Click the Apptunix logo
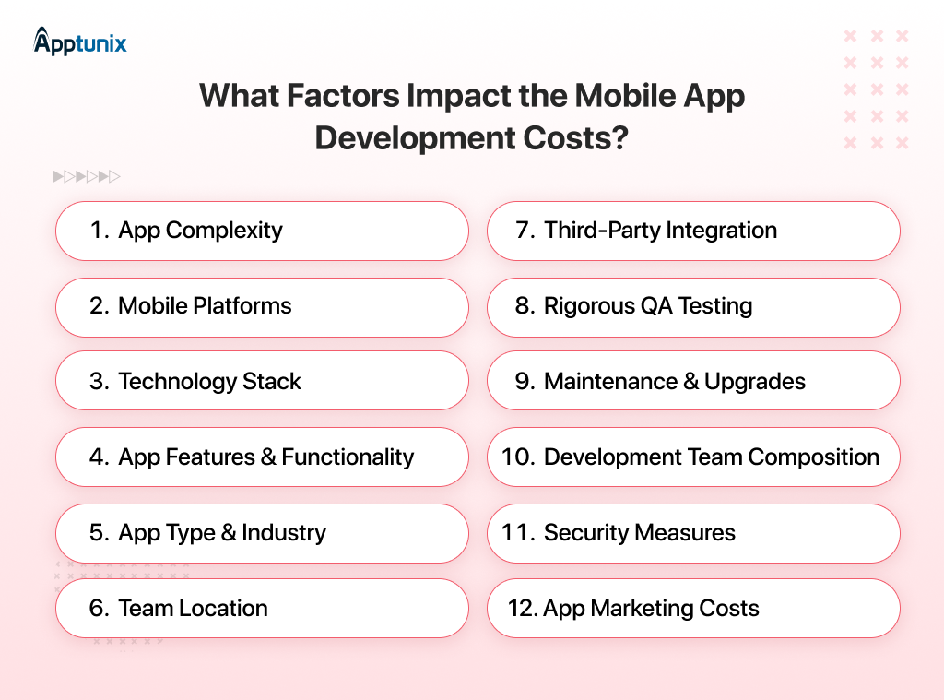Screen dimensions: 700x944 tap(80, 42)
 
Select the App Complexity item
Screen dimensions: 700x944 tap(262, 231)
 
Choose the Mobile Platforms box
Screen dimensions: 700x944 tap(262, 306)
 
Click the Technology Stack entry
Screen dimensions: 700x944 tap(262, 382)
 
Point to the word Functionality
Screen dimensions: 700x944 tap(348, 457)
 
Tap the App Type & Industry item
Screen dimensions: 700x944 tap(262, 533)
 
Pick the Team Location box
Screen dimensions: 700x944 tap(262, 609)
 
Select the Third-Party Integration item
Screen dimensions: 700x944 tap(693, 231)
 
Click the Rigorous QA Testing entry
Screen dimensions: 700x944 tap(693, 306)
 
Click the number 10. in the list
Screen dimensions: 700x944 tap(519, 457)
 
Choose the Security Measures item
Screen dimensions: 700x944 tap(693, 533)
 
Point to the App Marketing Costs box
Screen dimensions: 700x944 tap(693, 609)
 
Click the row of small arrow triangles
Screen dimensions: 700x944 tap(87, 176)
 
